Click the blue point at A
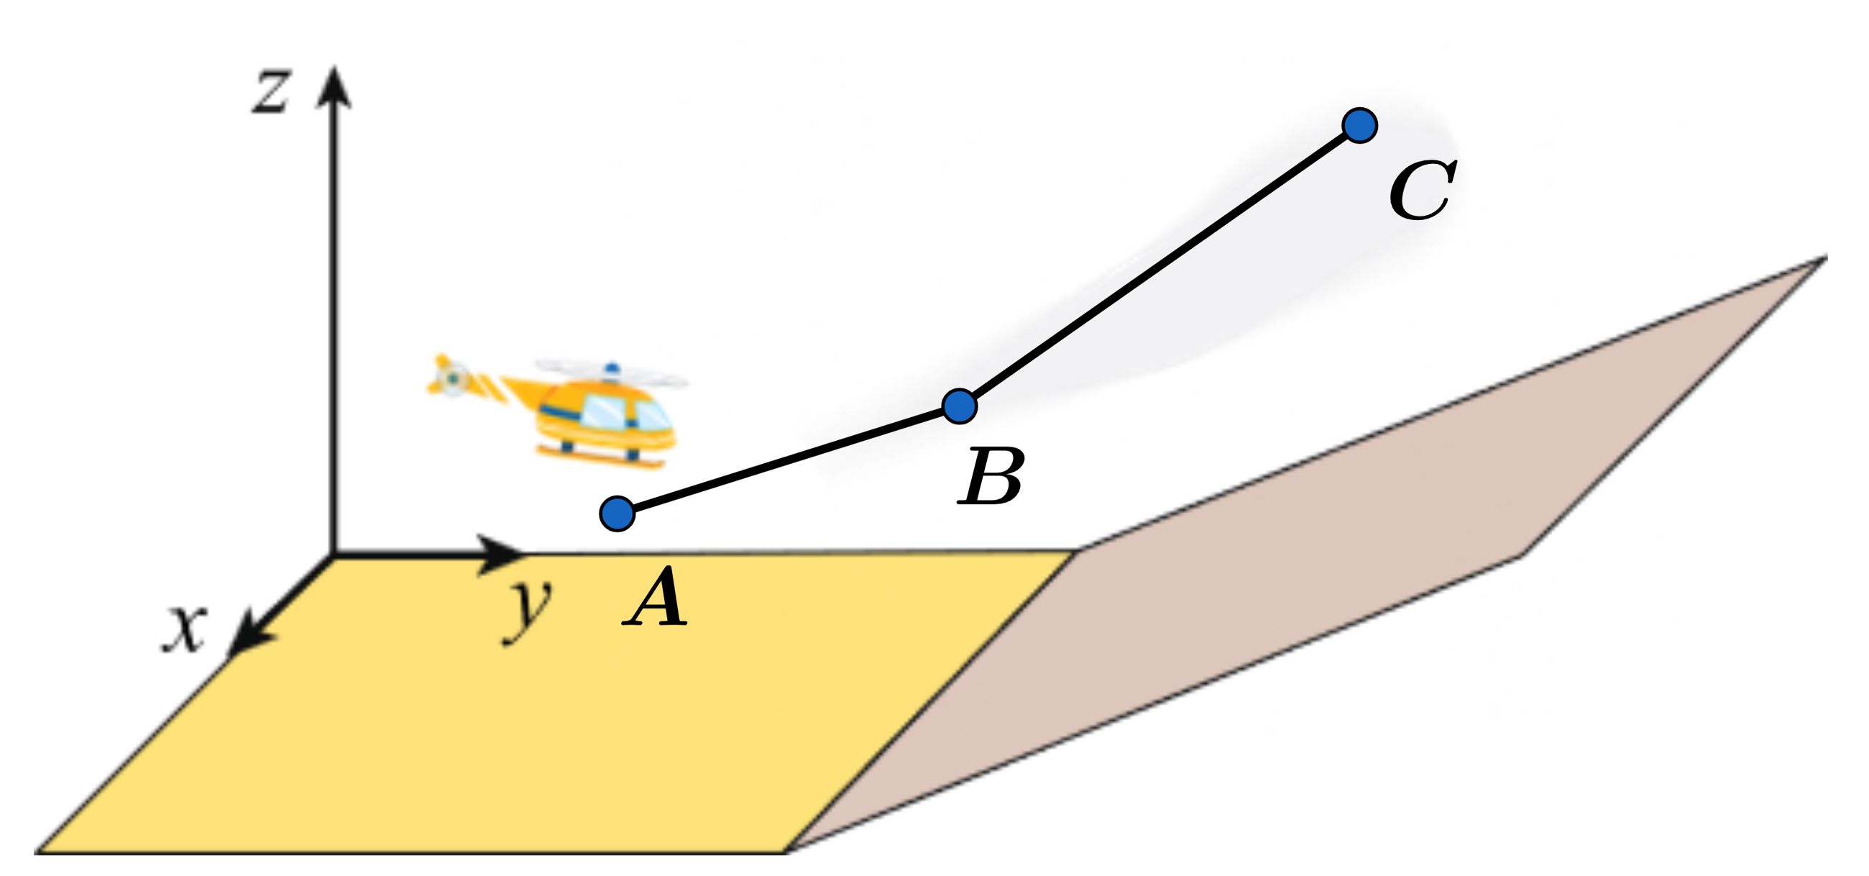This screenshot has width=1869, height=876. pos(617,514)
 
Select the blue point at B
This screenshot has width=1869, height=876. pos(959,405)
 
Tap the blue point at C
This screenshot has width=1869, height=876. pos(1359,126)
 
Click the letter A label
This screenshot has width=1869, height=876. pos(654,598)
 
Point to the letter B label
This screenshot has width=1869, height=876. pos(990,476)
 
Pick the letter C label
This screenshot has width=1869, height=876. pos(1420,191)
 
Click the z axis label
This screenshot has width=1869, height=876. pos(270,91)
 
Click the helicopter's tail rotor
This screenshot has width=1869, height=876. pos(451,377)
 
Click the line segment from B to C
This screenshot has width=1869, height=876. pos(1159,265)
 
